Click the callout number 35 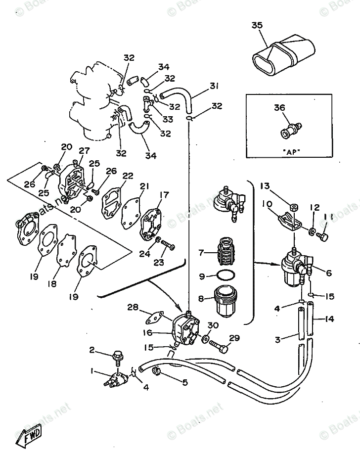click(x=257, y=26)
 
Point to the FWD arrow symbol click(x=31, y=435)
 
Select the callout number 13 click(x=266, y=186)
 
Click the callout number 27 click(x=84, y=150)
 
